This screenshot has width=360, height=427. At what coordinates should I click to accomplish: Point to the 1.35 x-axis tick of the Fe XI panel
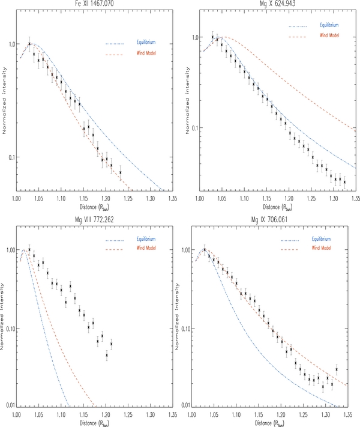click(x=173, y=196)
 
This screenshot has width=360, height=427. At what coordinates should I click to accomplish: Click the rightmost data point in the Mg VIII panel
click(x=111, y=344)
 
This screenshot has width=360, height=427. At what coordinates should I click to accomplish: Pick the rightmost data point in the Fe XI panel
click(x=120, y=173)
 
